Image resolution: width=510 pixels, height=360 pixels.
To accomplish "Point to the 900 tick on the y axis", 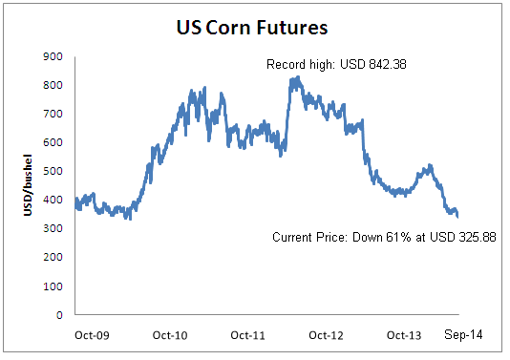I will pos(54,57).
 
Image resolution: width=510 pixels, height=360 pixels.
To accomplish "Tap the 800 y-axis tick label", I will pos(54,86).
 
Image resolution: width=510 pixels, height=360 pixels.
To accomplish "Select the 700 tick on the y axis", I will pos(54,115).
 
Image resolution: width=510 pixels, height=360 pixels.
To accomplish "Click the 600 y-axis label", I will pos(54,143).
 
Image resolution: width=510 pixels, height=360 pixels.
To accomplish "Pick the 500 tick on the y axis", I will pos(54,172).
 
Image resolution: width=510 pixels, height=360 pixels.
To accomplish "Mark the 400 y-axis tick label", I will pos(54,201).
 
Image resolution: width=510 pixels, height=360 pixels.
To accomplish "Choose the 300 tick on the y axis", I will pos(54,229).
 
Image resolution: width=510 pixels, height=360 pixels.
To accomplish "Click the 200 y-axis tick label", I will pos(54,258).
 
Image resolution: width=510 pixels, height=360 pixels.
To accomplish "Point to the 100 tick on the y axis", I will pos(54,286).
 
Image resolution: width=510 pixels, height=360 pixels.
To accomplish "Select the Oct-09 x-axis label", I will pos(92,336).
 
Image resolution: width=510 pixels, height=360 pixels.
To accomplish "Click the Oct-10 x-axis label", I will pos(170,336).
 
